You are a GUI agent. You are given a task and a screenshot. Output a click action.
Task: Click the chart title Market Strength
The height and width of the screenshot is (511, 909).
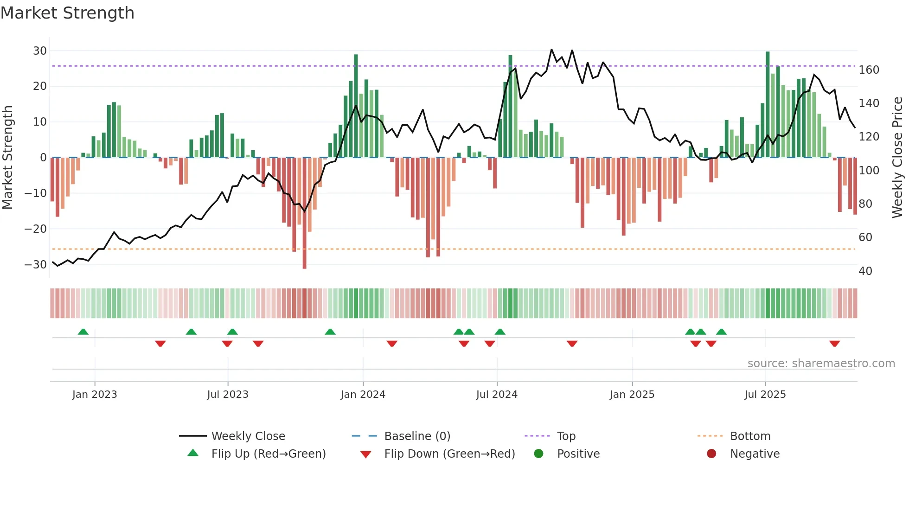coord(67,13)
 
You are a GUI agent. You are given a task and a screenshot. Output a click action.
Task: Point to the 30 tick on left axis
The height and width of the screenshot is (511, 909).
coord(40,51)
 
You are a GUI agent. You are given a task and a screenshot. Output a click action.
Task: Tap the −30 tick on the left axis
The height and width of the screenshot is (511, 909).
coord(36,265)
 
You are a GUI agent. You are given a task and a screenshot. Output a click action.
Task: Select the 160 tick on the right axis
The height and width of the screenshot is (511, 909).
coord(869,70)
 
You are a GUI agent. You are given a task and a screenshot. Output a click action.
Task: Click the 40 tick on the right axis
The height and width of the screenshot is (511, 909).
coord(865,271)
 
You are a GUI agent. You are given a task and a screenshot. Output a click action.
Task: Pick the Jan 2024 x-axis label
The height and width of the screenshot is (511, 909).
coord(363,395)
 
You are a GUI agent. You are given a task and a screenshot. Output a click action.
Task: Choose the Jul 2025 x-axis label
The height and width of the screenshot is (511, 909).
coord(765,395)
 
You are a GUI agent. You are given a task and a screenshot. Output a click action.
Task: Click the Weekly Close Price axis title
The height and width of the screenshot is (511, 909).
coord(897,158)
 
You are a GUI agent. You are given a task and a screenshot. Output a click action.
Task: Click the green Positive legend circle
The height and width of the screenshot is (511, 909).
coord(538,454)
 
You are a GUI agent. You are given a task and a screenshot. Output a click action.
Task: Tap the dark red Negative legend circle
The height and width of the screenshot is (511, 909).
coord(711,454)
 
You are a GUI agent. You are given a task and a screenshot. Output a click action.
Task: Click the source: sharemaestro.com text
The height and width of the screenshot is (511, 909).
coord(821,364)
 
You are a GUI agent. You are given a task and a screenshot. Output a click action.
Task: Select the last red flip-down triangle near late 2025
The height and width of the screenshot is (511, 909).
coord(834,344)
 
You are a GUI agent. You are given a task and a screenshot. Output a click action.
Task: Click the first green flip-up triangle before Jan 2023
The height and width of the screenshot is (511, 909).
coord(83,332)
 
